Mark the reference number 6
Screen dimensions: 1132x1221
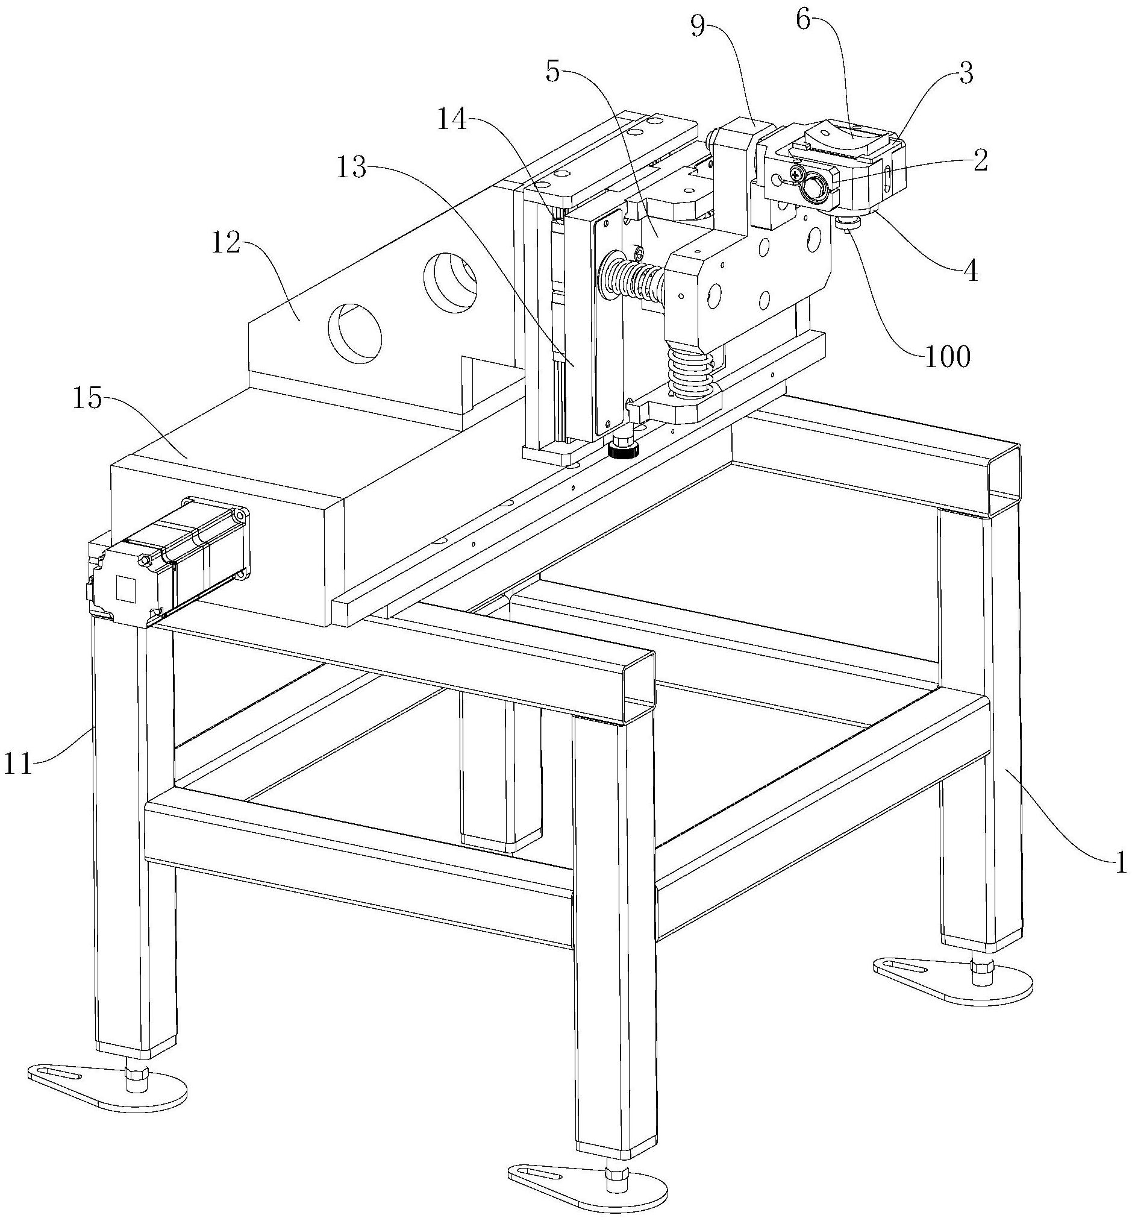[804, 21]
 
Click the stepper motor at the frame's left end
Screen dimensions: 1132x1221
[168, 561]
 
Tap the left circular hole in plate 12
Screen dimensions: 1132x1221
[355, 332]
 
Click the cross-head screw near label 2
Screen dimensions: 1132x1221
[797, 175]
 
